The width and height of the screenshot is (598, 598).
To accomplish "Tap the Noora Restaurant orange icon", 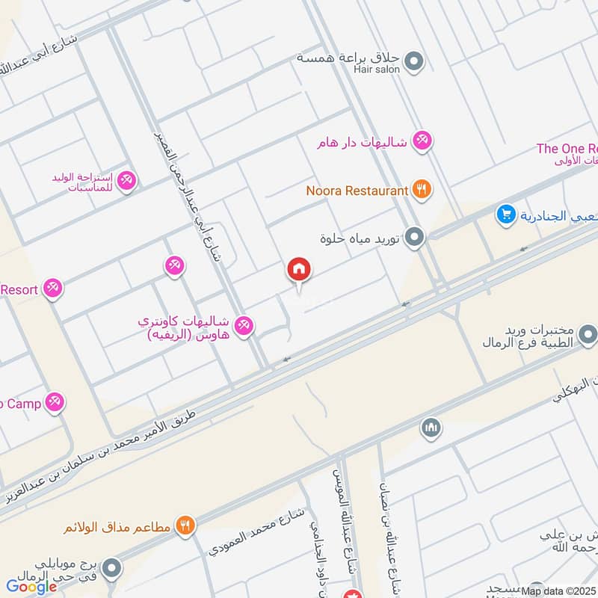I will coord(422,191).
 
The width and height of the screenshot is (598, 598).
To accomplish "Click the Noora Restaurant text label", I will coord(357,191).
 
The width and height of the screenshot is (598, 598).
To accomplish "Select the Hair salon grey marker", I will coord(415,62).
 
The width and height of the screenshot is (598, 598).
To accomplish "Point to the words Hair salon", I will coord(377,70).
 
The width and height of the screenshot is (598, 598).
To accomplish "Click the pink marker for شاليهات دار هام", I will coord(422,141).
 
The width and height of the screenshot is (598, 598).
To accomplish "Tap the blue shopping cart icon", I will coord(506,215).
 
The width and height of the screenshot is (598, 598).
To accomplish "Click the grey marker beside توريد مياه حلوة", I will coord(415,238).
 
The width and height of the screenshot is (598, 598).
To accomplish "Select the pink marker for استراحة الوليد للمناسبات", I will coord(126,179).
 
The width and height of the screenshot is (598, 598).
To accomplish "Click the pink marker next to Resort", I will coord(52,289).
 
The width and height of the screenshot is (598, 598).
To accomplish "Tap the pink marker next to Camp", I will coord(54,404).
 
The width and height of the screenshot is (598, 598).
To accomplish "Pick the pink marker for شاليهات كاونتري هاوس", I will coord(244,327).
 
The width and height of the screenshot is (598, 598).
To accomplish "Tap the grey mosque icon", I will coord(431,428).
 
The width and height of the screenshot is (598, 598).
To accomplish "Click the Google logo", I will coord(32,587).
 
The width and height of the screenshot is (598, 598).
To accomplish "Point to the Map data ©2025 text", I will coord(558,591).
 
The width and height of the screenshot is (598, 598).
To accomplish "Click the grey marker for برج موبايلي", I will coord(111,568).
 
